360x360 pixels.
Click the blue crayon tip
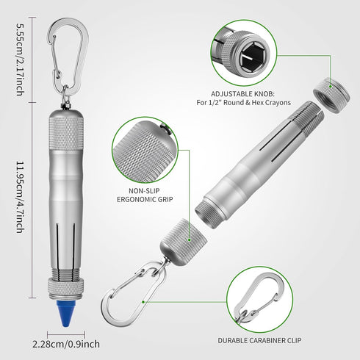click(x=66, y=313)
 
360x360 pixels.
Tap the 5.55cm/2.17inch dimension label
click(x=21, y=60)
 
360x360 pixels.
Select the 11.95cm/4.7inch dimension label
click(x=21, y=197)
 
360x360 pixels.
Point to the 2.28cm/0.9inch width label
click(x=66, y=344)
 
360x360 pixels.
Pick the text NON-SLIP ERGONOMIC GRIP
click(x=145, y=195)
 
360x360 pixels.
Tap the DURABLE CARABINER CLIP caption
click(x=259, y=340)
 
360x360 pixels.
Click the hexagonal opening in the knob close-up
click(x=252, y=57)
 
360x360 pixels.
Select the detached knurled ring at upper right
click(x=331, y=95)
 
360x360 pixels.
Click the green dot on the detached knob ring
click(x=331, y=86)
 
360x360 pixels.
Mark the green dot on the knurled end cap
click(x=189, y=240)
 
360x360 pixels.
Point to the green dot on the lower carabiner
click(x=143, y=302)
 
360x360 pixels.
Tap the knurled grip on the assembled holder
click(x=66, y=132)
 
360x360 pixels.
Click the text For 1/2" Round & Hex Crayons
click(x=243, y=102)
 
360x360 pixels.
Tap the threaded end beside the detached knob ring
click(x=309, y=115)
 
